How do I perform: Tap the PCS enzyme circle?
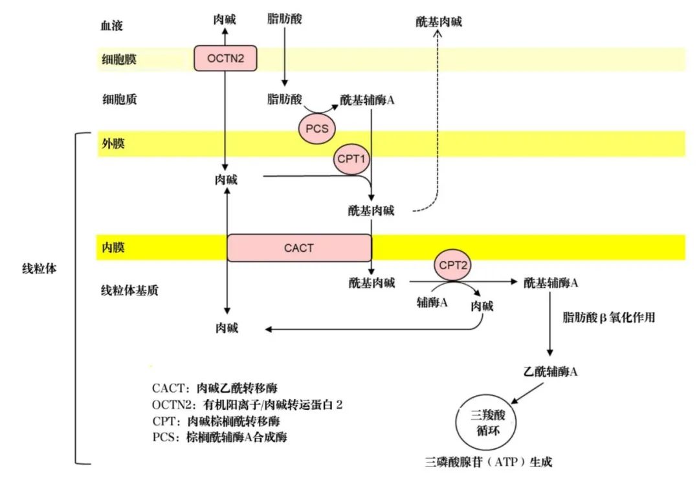click(x=318, y=129)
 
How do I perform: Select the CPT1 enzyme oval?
click(x=352, y=160)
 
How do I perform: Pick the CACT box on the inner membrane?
click(x=299, y=248)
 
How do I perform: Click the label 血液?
click(x=111, y=27)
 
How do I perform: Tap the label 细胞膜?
click(x=118, y=60)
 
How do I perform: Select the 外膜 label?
click(x=113, y=144)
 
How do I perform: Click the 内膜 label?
click(x=113, y=248)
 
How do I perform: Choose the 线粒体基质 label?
click(x=130, y=290)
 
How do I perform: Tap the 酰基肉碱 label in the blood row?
click(x=439, y=22)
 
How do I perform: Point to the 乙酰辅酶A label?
click(x=550, y=372)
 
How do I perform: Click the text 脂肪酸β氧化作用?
click(x=609, y=318)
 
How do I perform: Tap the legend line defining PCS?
click(x=219, y=437)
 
